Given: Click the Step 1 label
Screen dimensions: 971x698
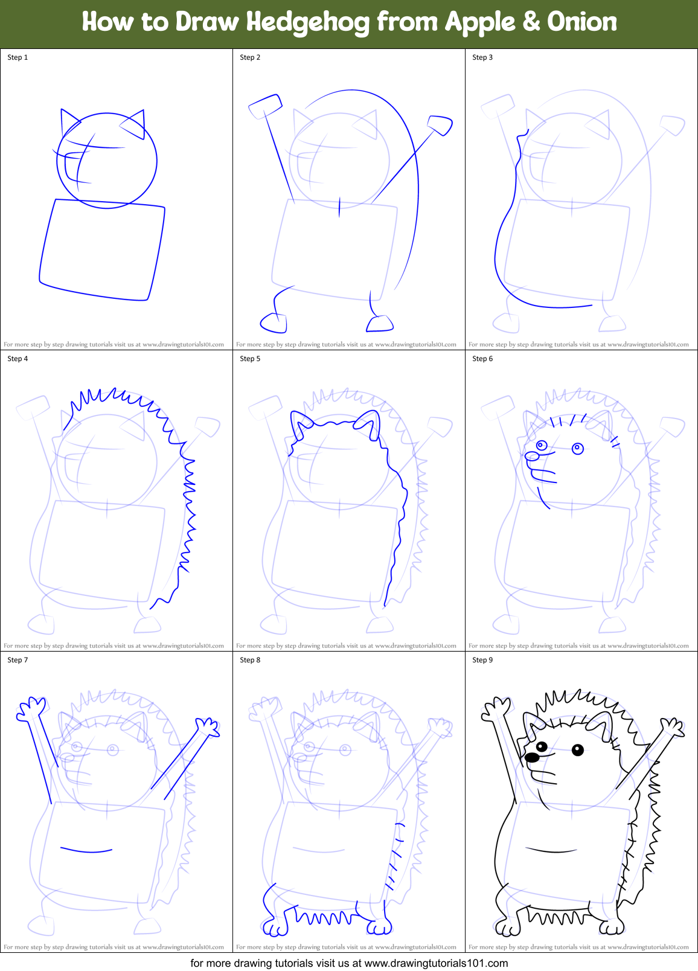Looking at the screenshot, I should (18, 57).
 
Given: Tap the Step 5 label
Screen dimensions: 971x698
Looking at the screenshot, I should (250, 359).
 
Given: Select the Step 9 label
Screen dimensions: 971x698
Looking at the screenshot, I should (482, 660).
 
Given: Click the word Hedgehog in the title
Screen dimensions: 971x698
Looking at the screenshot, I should (308, 22).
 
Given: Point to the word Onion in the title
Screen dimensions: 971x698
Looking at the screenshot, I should (582, 22).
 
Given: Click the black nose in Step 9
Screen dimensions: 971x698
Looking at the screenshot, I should (531, 757).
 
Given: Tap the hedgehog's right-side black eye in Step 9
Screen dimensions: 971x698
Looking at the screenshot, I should (578, 751).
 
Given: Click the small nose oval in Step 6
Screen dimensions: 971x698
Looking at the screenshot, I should (531, 455).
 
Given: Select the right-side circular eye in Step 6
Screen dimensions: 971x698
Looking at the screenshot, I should (578, 449).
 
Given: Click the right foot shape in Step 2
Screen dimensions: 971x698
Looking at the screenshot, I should (380, 324).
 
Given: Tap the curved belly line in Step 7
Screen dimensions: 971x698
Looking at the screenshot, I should (86, 850).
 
